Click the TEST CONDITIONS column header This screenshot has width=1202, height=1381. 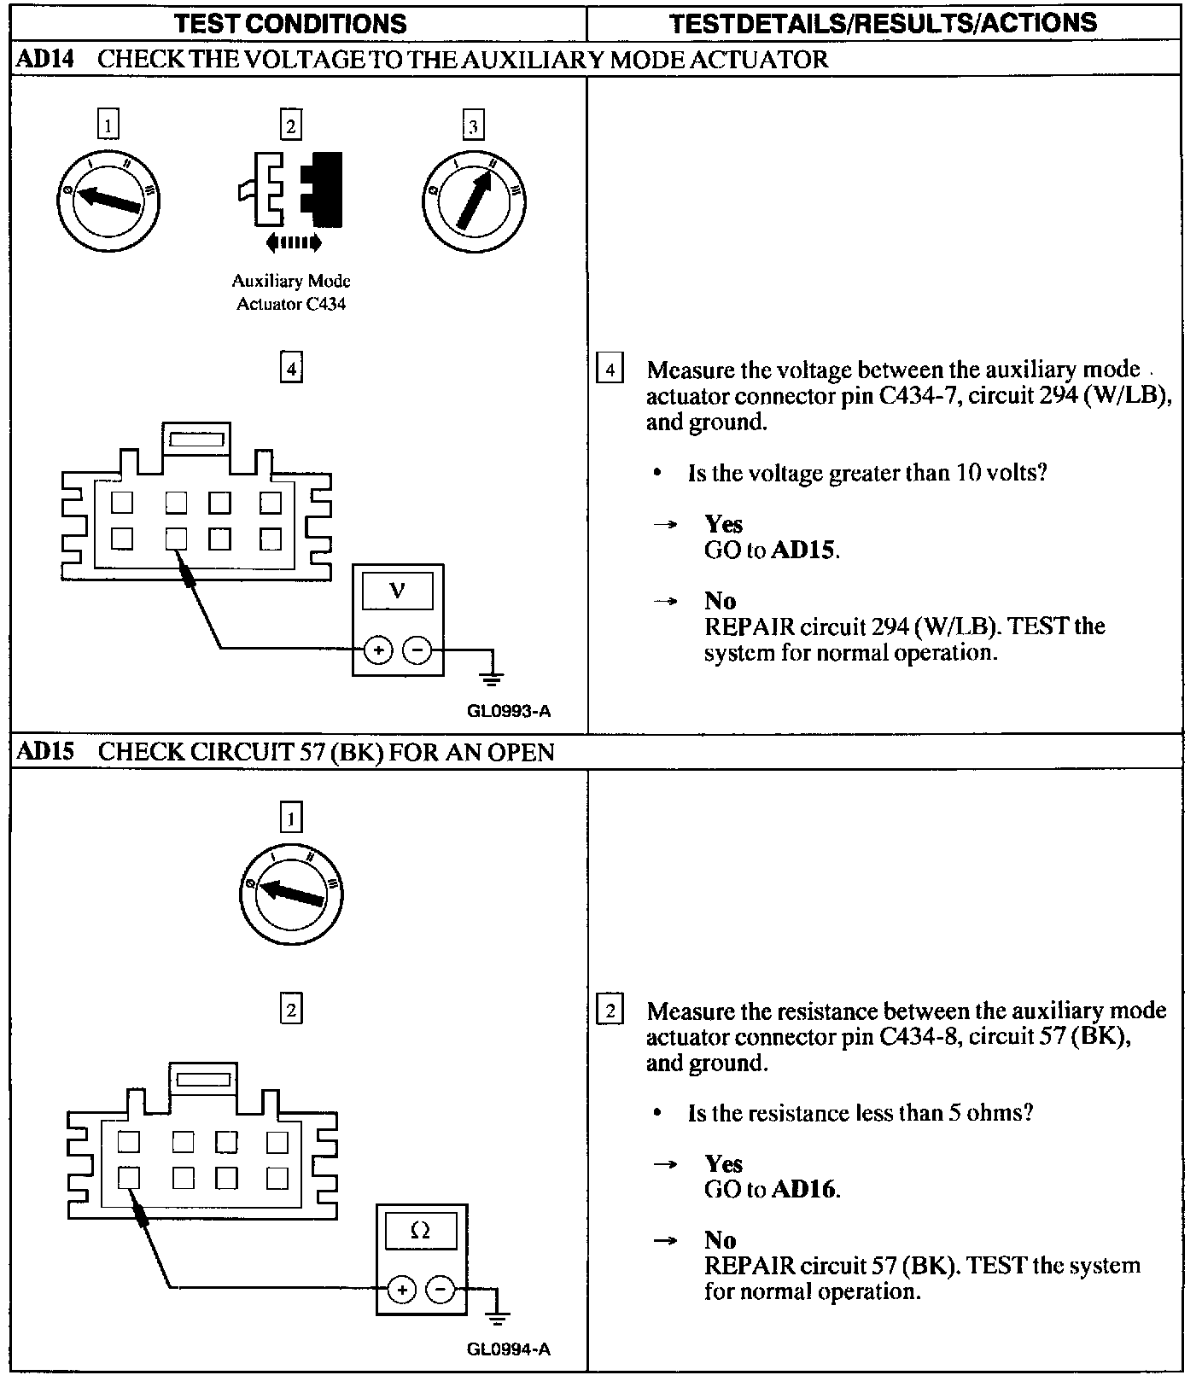click(x=290, y=23)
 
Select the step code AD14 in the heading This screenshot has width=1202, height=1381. click(x=46, y=59)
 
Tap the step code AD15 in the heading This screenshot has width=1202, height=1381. click(x=46, y=752)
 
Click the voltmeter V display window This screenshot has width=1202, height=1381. click(x=398, y=591)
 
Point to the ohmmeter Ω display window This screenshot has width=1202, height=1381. click(x=421, y=1232)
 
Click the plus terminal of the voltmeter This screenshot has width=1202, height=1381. click(x=378, y=650)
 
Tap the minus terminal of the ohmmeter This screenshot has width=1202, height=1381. click(x=441, y=1289)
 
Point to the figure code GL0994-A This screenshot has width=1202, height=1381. click(x=509, y=1349)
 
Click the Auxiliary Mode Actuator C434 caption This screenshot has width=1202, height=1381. click(x=291, y=292)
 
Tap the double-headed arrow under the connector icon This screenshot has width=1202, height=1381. click(x=294, y=243)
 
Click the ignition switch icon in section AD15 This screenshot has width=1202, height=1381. click(x=291, y=894)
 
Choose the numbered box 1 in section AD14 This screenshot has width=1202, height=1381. click(x=108, y=125)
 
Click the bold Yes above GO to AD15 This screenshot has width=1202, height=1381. click(x=723, y=524)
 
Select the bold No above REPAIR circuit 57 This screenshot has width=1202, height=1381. click(x=720, y=1239)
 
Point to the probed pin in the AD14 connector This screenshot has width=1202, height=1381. click(x=176, y=539)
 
